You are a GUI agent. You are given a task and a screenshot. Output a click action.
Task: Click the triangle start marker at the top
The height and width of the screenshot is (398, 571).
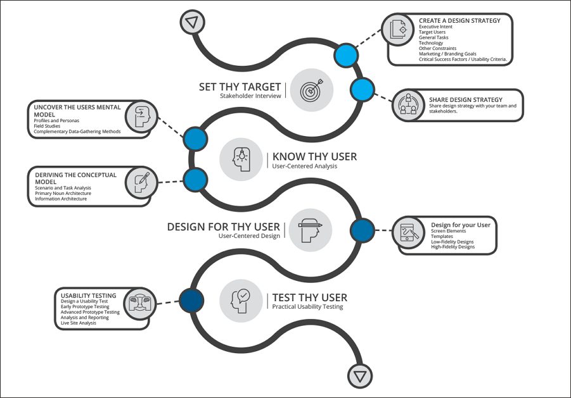coord(192,22)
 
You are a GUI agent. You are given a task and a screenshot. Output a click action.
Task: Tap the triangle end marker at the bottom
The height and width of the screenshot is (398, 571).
coord(360,376)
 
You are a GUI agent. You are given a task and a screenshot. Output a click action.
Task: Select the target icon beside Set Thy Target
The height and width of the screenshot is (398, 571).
coord(312,90)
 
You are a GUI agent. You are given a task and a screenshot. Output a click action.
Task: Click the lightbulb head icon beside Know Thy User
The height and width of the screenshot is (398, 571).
coord(241,159)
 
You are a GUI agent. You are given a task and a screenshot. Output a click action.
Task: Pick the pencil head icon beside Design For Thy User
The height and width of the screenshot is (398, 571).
coord(311,230)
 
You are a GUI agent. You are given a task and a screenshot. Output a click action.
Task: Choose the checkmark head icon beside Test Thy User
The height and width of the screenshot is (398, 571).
coord(241,301)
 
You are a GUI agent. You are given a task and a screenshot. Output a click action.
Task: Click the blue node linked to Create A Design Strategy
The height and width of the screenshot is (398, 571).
coord(346,55)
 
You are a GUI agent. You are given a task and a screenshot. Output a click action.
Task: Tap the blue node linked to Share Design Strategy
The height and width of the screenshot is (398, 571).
coord(362,89)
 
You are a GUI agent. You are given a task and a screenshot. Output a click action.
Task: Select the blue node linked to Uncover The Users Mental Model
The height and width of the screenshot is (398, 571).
coord(196,139)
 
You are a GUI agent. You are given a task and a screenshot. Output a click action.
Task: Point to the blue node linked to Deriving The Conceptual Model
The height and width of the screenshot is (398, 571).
coord(196,180)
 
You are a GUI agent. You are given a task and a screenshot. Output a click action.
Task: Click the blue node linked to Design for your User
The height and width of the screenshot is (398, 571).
coord(362,230)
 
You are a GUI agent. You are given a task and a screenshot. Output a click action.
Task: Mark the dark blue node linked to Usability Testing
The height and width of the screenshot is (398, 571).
coord(191,301)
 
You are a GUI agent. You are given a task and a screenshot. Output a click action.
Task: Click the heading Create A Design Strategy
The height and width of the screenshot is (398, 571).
coord(459,21)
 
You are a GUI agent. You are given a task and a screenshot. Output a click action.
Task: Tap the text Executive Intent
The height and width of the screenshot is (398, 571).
coord(435,27)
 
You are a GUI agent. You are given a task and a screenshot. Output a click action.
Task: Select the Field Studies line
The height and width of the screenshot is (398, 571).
coord(47,126)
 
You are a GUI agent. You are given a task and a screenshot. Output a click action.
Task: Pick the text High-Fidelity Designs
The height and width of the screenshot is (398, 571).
coord(453,247)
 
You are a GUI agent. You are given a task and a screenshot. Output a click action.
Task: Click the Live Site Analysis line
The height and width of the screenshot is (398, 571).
coord(79,323)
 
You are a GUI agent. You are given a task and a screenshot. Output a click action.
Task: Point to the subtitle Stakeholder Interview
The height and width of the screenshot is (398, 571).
coord(250,96)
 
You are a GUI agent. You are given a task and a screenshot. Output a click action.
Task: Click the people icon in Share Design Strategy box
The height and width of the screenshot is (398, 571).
coord(408,104)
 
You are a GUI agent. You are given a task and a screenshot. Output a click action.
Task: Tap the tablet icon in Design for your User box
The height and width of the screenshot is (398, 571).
coord(408,233)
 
